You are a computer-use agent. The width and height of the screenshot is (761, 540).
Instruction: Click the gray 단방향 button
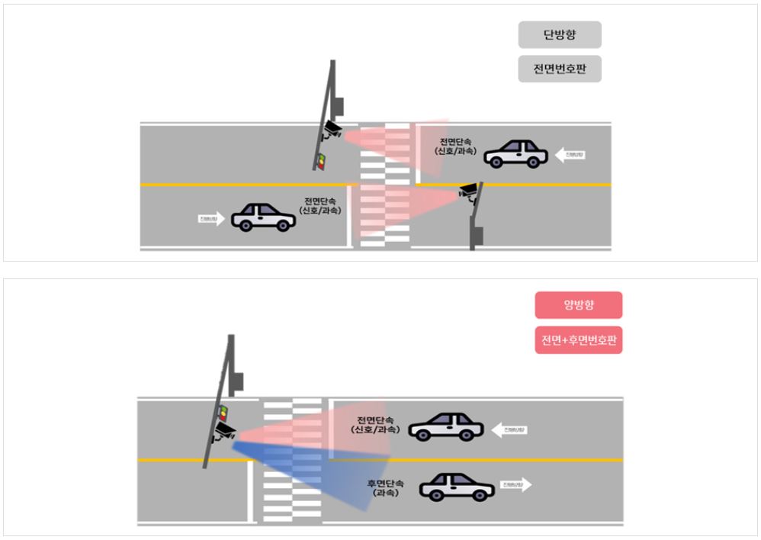click(560, 35)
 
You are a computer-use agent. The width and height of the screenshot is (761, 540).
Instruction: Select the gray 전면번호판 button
click(560, 69)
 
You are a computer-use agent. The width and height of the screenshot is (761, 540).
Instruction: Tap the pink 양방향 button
click(579, 305)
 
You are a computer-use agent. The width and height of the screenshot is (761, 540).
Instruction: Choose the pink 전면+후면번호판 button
click(579, 340)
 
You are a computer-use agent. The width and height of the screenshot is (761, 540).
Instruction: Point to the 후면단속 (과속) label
click(385, 488)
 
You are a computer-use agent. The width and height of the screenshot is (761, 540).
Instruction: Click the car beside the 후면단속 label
click(457, 487)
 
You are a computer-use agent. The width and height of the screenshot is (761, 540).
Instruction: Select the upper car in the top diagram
click(515, 153)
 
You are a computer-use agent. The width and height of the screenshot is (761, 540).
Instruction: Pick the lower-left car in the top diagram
click(263, 217)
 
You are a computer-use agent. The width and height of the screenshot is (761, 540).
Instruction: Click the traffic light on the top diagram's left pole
click(321, 160)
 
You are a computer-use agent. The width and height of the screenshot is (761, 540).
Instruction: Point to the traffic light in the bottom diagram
click(223, 413)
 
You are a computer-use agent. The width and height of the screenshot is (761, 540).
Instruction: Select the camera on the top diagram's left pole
click(332, 129)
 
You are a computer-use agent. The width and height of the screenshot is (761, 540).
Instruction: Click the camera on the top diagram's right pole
click(469, 191)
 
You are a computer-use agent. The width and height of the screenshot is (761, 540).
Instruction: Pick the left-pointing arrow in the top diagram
click(570, 155)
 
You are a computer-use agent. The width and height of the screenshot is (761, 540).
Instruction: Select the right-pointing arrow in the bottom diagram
click(516, 484)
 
